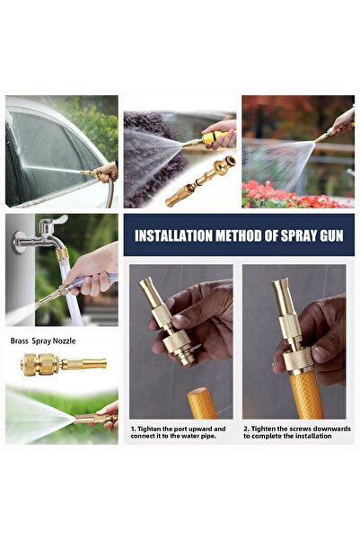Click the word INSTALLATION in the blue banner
coord(173,236)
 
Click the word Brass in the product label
coord(19,341)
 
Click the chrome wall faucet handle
coord(57,220)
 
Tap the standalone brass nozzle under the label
coord(64,364)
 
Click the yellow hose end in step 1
coord(202,403)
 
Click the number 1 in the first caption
coord(133,429)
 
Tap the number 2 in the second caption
coord(246,429)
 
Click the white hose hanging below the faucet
coord(71,294)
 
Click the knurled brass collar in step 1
coord(177,341)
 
